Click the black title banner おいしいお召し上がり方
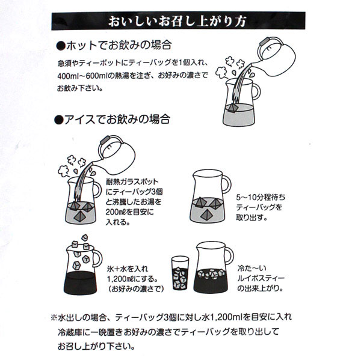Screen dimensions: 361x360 179,20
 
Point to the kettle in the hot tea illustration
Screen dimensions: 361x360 276,56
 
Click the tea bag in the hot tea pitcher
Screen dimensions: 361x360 232,107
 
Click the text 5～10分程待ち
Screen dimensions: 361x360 261,197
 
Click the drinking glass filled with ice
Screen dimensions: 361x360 180,273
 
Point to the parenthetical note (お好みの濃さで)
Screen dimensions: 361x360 136,289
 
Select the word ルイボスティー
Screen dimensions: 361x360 261,278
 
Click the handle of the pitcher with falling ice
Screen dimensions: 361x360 98,258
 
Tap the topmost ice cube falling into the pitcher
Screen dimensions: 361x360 85,237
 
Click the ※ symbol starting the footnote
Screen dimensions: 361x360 54,318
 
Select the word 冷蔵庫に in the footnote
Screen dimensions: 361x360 73,332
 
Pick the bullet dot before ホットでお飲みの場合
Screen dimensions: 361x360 61,46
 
